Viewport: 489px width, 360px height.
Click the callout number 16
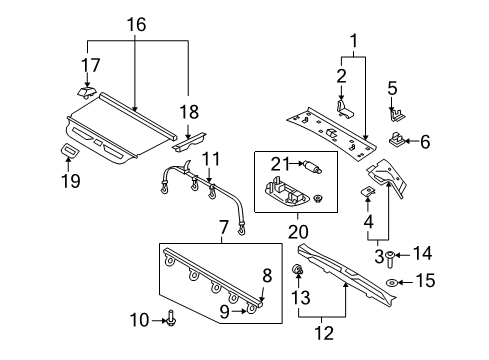(x=136, y=23)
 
